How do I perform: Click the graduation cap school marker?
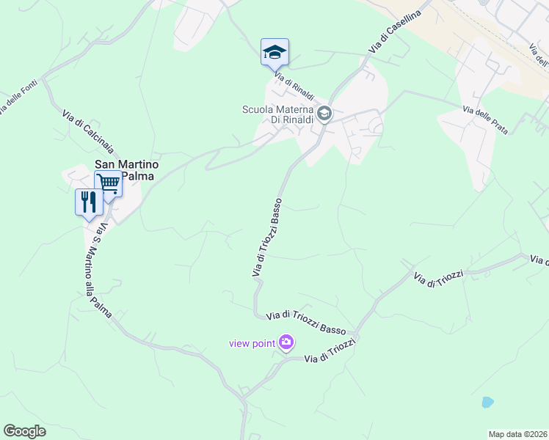tap(274, 52)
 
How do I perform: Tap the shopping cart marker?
tap(108, 183)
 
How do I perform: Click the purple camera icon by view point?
tap(286, 342)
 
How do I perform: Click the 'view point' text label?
tap(251, 342)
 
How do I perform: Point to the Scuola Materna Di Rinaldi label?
tap(278, 114)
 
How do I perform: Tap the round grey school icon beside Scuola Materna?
tap(324, 114)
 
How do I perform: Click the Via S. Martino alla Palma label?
tap(97, 271)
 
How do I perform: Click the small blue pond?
tap(487, 402)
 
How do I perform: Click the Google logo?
tap(24, 431)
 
